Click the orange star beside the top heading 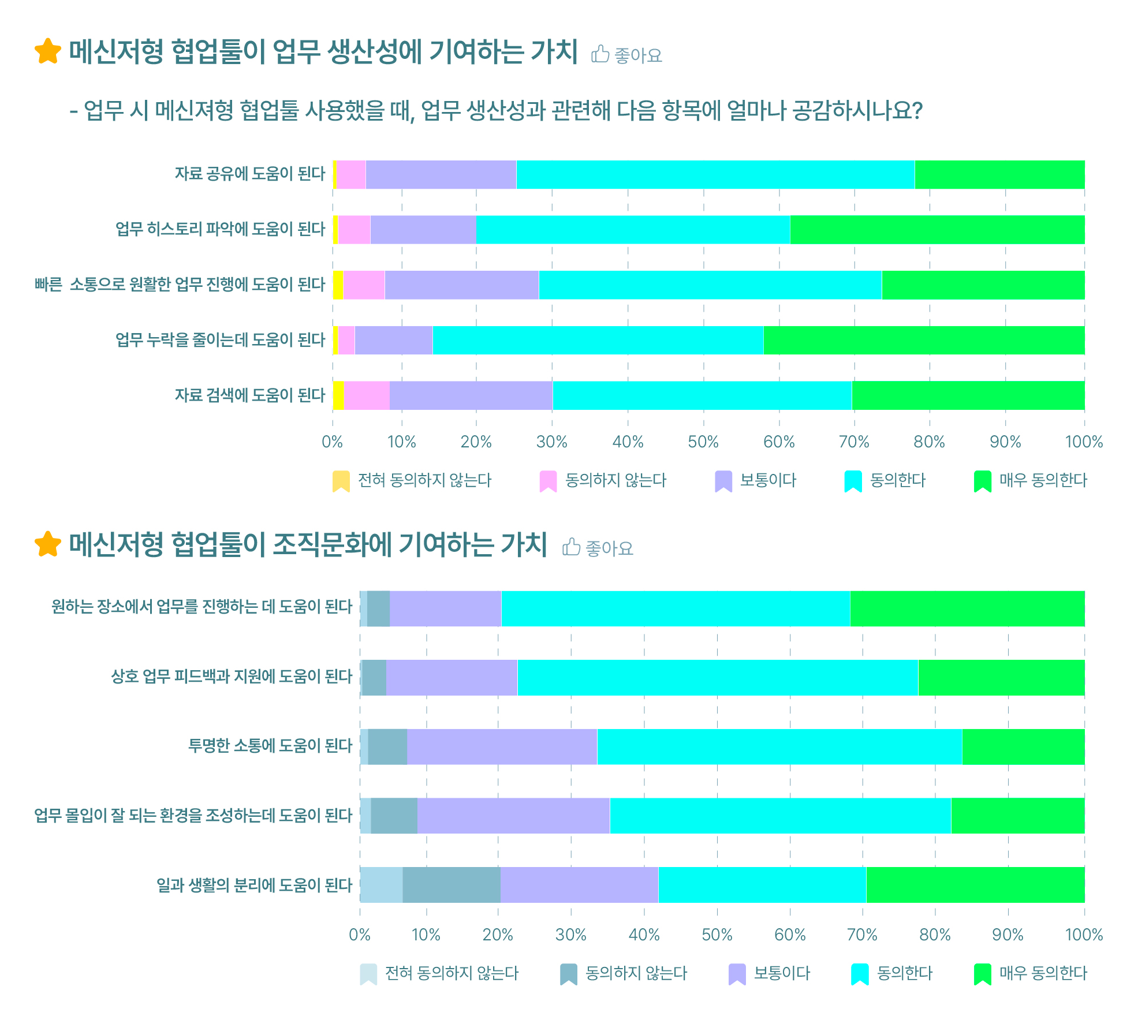point(47,51)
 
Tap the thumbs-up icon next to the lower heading point(571,547)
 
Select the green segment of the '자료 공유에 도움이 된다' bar point(999,174)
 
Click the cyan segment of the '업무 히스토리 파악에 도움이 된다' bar point(633,230)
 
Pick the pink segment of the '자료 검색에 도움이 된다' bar point(367,395)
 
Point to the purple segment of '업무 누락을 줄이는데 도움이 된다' point(393,340)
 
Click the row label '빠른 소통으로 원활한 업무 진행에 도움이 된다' point(180,285)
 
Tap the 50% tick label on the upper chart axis point(703,442)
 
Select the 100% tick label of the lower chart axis point(1084,935)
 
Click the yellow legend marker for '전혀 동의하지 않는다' point(341,481)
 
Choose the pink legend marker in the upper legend point(548,481)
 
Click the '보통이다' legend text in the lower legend point(782,973)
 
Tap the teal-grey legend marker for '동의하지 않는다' point(569,974)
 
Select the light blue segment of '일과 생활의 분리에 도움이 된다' point(381,884)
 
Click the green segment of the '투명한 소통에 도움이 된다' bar point(1023,746)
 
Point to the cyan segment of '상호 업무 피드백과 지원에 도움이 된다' point(717,677)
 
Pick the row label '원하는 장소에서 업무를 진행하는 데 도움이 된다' point(202,607)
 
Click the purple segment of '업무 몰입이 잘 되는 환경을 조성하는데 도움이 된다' point(513,816)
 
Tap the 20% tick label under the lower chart point(498,935)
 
